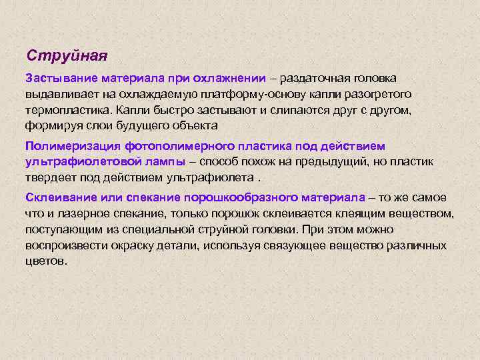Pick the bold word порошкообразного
click(x=230, y=198)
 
